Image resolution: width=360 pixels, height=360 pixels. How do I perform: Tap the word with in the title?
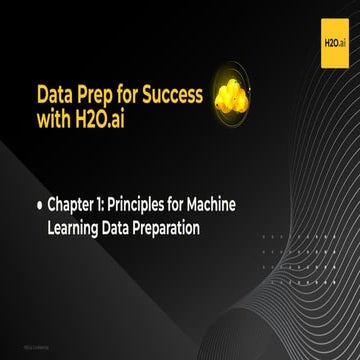click(x=56, y=122)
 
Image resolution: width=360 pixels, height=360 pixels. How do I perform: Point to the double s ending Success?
click(x=196, y=96)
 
